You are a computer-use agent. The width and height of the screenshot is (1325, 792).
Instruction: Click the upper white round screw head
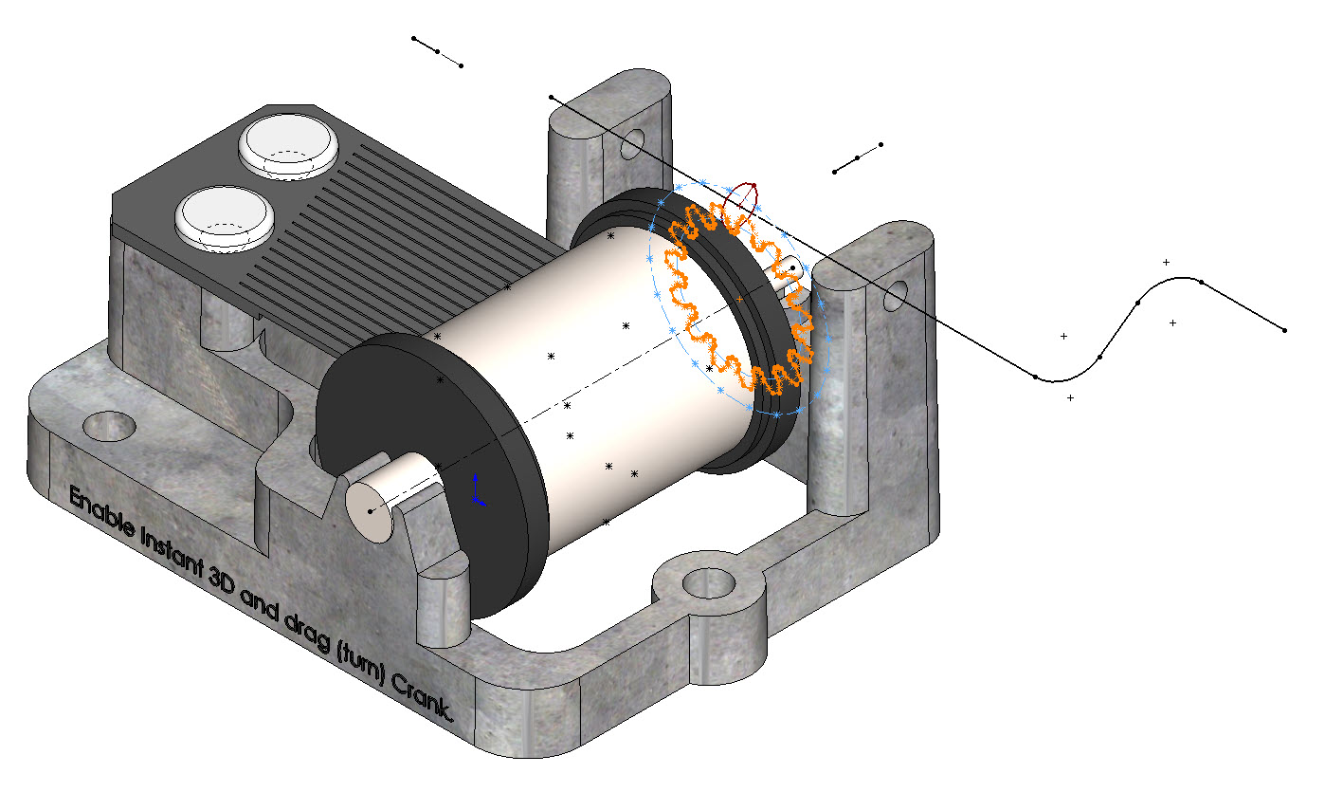coord(288,144)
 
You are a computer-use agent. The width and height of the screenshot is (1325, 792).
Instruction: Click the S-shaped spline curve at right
coord(1137,304)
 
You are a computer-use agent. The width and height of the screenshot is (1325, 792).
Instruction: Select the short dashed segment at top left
coord(437,51)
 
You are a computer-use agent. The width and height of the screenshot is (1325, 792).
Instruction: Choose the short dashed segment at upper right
coord(858,157)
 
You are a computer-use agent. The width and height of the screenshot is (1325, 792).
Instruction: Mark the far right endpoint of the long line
coord(1284,330)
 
